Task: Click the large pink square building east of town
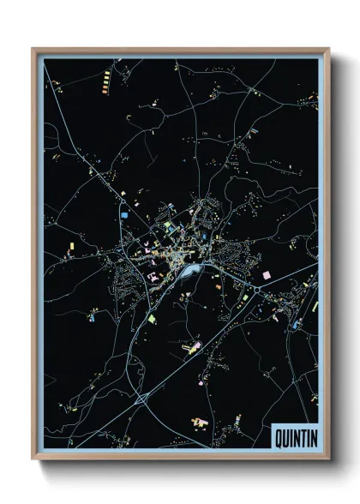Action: [266, 274]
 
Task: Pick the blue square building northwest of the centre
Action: [124, 209]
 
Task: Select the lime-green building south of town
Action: [152, 318]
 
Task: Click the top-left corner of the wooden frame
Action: [33, 49]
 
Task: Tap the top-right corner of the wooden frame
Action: [328, 49]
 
